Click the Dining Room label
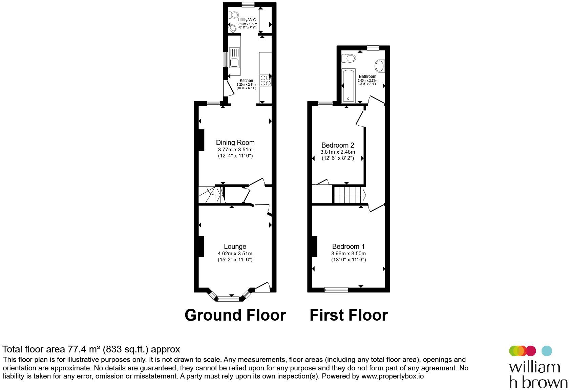click(x=235, y=143)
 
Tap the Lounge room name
click(x=235, y=246)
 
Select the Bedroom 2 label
click(x=338, y=145)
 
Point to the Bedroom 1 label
click(x=348, y=246)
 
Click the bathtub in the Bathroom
click(x=348, y=86)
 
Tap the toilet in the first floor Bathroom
click(x=349, y=58)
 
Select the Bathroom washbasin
click(x=380, y=66)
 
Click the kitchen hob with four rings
click(x=265, y=80)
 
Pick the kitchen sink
click(x=234, y=58)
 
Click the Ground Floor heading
click(x=235, y=315)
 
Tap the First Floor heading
click(x=349, y=315)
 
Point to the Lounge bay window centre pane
click(x=228, y=299)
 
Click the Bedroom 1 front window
click(x=336, y=290)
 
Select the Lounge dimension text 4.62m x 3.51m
click(x=235, y=253)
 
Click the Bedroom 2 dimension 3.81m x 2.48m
click(x=338, y=152)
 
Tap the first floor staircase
click(x=350, y=195)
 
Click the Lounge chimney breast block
click(x=201, y=246)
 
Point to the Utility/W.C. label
click(x=247, y=20)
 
